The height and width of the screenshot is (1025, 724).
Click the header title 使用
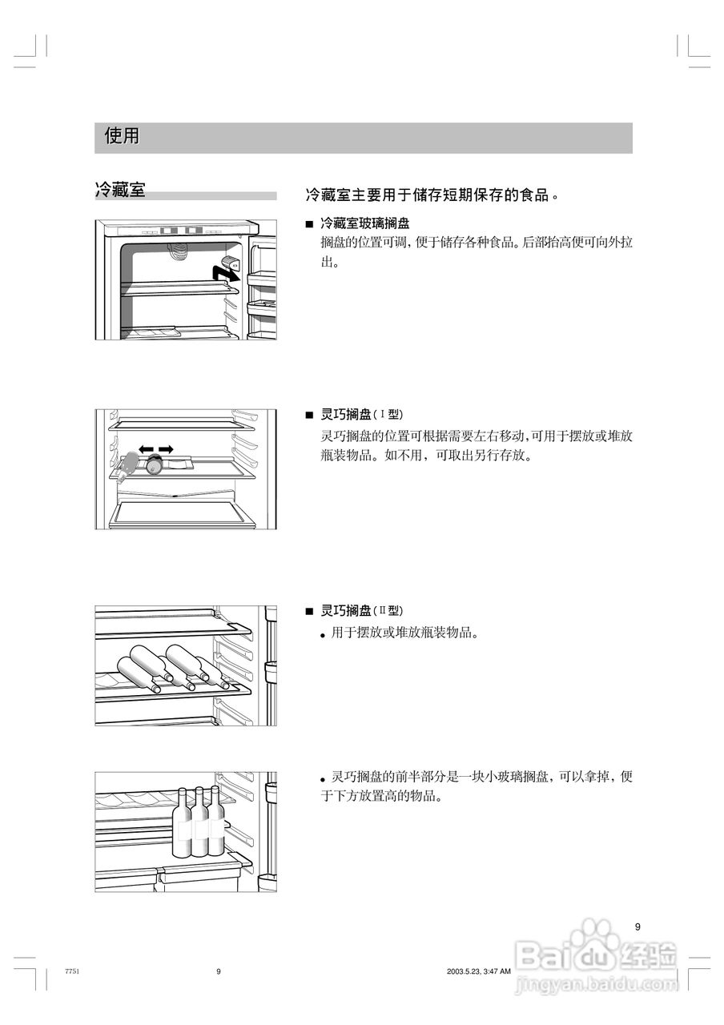click(122, 137)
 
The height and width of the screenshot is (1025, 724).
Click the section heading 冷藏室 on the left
click(120, 191)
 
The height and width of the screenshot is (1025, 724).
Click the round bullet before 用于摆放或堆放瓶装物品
click(323, 635)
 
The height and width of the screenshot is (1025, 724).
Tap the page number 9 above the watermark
click(638, 927)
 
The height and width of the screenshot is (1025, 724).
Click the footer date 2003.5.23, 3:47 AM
click(479, 971)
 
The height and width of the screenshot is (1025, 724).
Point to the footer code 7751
click(70, 971)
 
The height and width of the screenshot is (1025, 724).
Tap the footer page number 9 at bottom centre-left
click(218, 971)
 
